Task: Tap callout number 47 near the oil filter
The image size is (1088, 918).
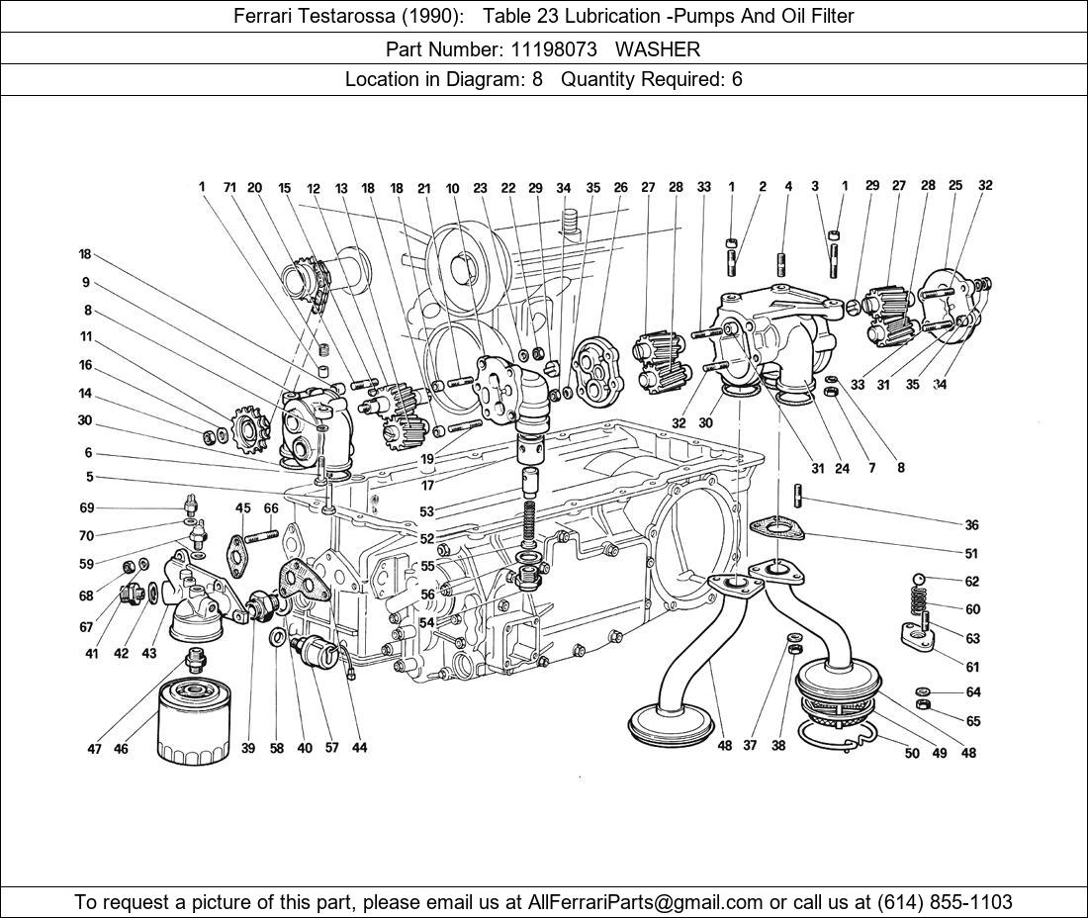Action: click(x=94, y=749)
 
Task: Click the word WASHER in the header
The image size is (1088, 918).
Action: click(x=664, y=48)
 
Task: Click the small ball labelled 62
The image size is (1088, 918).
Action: click(x=920, y=581)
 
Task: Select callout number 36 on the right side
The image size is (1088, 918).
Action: click(x=972, y=525)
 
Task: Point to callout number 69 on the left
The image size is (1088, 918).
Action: click(x=87, y=507)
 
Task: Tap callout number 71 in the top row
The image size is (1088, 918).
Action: click(x=228, y=187)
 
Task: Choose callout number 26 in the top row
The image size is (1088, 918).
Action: click(x=620, y=187)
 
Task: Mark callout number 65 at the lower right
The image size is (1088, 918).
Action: click(x=973, y=721)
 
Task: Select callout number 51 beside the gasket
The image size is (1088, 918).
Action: click(x=972, y=554)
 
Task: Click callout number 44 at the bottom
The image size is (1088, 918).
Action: click(x=359, y=748)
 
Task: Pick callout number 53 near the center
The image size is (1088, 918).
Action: click(x=426, y=511)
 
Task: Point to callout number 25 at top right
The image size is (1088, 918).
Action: click(x=955, y=185)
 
